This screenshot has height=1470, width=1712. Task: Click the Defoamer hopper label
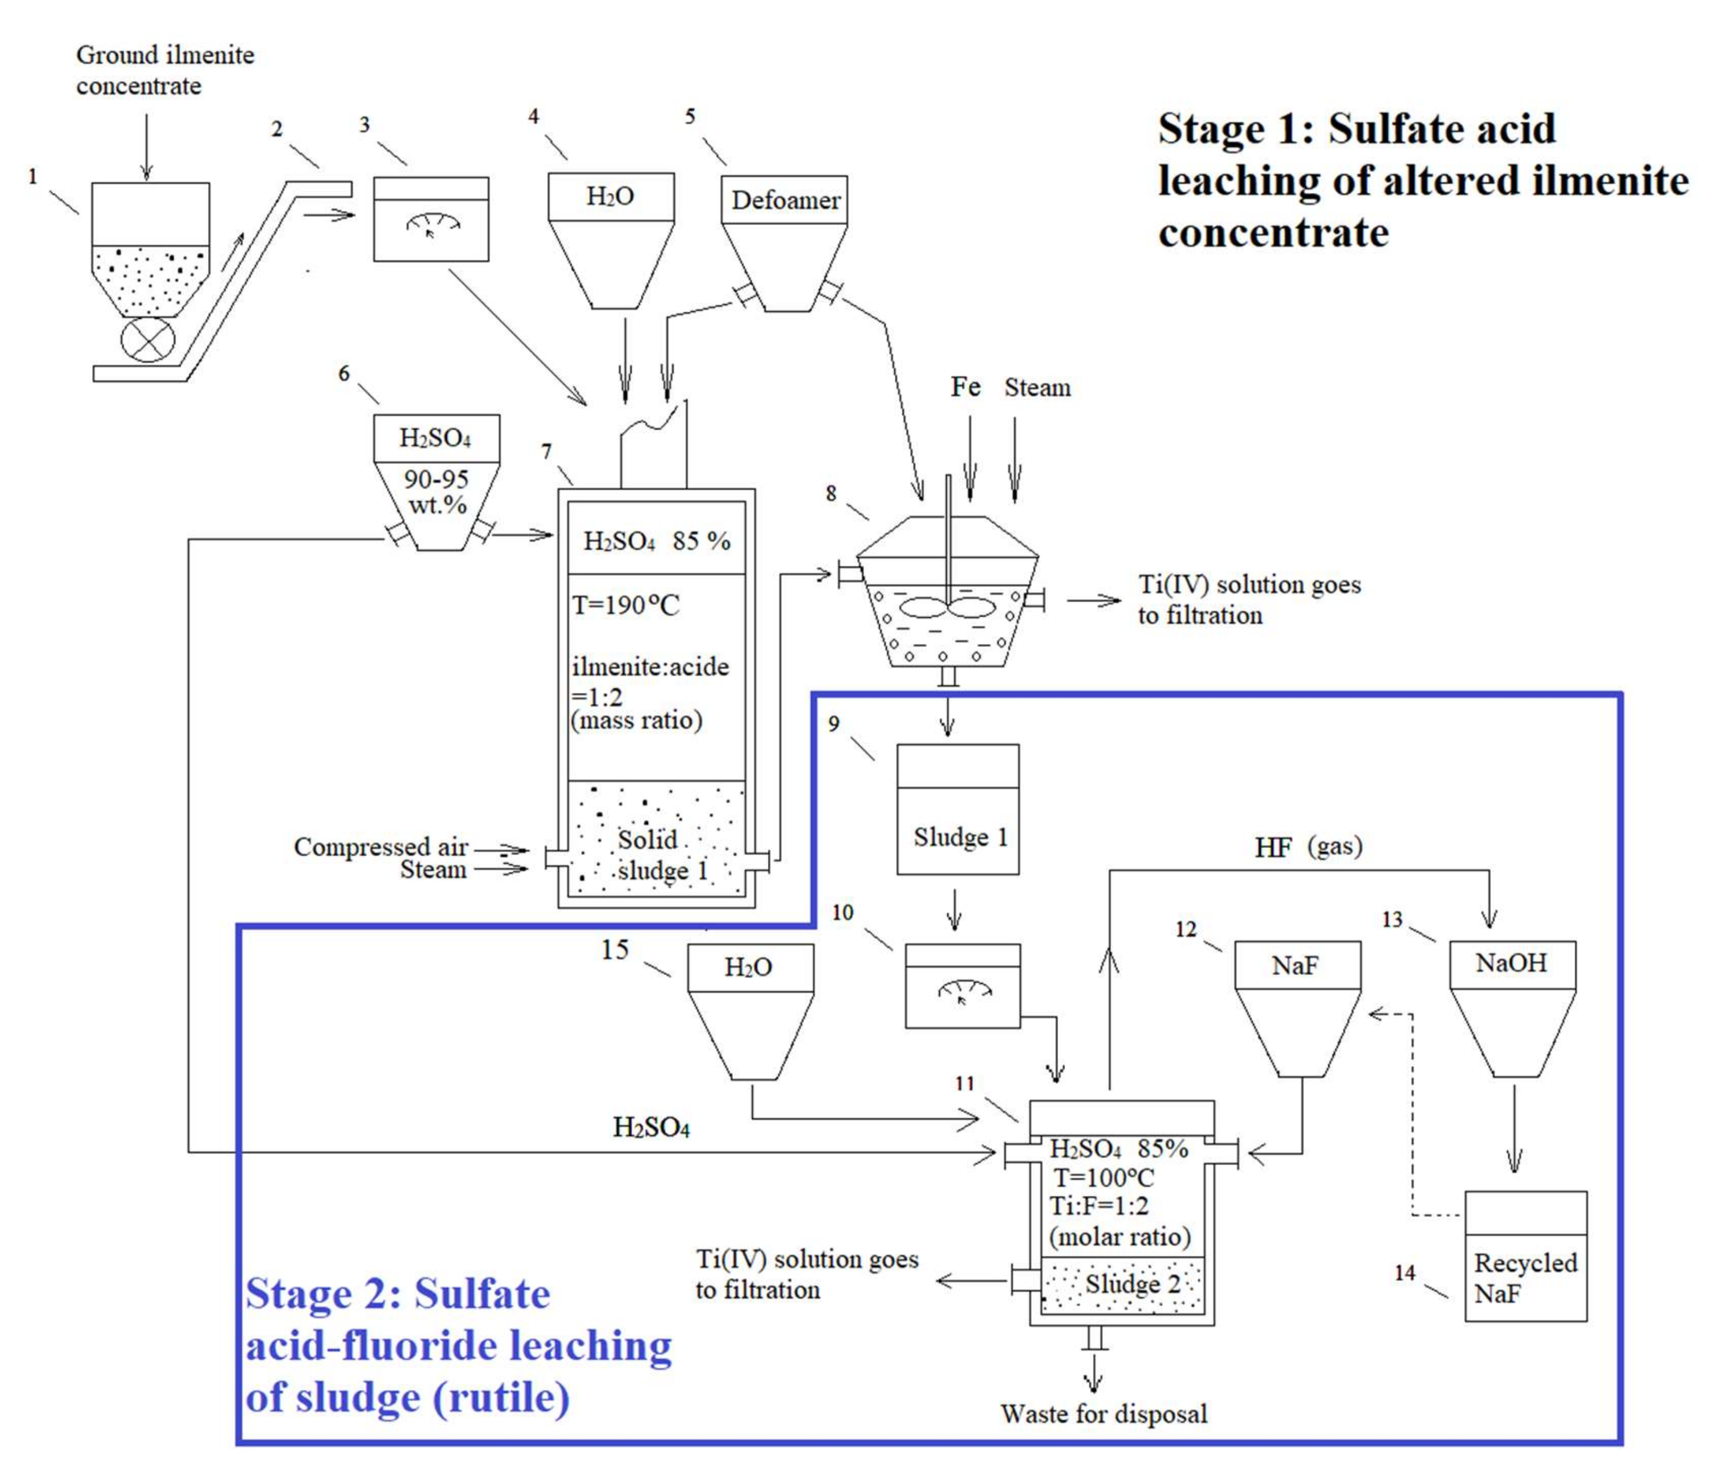(785, 200)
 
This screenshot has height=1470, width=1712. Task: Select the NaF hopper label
(1295, 965)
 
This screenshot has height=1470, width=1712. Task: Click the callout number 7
(546, 451)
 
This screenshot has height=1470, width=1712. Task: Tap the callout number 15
(615, 950)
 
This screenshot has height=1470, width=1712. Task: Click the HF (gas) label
(1308, 847)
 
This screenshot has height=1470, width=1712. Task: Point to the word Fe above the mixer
(965, 387)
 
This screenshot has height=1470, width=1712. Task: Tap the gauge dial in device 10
(964, 990)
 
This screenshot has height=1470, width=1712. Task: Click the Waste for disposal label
(1104, 1413)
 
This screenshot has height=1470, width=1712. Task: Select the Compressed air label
(381, 847)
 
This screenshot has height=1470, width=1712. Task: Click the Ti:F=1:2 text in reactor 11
(1099, 1206)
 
